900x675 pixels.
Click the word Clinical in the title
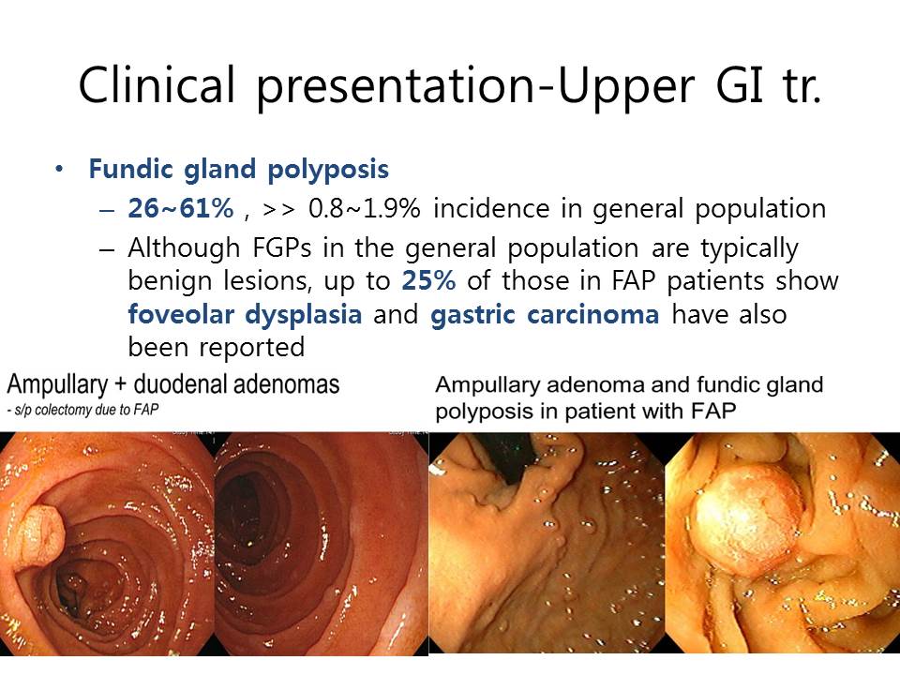(x=157, y=84)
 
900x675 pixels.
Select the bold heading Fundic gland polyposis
(x=239, y=170)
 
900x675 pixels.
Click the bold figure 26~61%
(x=181, y=208)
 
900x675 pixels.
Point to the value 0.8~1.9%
(x=365, y=208)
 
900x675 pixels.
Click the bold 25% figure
(x=428, y=280)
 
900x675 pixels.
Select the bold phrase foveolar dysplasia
(x=245, y=315)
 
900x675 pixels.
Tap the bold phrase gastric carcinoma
(x=545, y=315)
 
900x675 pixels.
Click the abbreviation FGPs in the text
(x=282, y=247)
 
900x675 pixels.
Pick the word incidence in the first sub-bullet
(x=492, y=208)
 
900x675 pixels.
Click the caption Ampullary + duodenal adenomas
(x=173, y=384)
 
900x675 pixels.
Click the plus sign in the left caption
(x=121, y=384)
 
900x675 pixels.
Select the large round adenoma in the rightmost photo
(x=747, y=520)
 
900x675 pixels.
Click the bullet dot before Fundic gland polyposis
(x=59, y=170)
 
